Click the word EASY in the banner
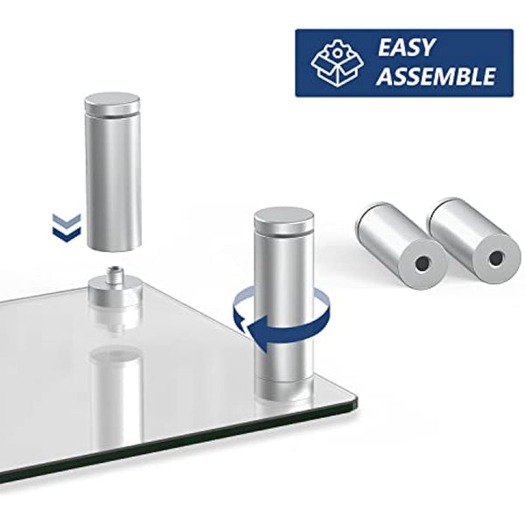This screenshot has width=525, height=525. (x=406, y=47)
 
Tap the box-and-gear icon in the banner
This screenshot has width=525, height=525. (x=337, y=63)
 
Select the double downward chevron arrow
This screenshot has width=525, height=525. (x=66, y=227)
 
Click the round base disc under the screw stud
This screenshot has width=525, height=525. (x=115, y=289)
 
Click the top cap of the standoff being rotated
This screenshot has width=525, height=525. (x=283, y=219)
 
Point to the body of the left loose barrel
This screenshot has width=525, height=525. (x=384, y=231)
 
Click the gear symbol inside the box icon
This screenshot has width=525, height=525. (x=337, y=53)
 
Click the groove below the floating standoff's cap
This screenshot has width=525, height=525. (x=113, y=115)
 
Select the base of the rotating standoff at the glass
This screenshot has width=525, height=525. (x=284, y=390)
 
